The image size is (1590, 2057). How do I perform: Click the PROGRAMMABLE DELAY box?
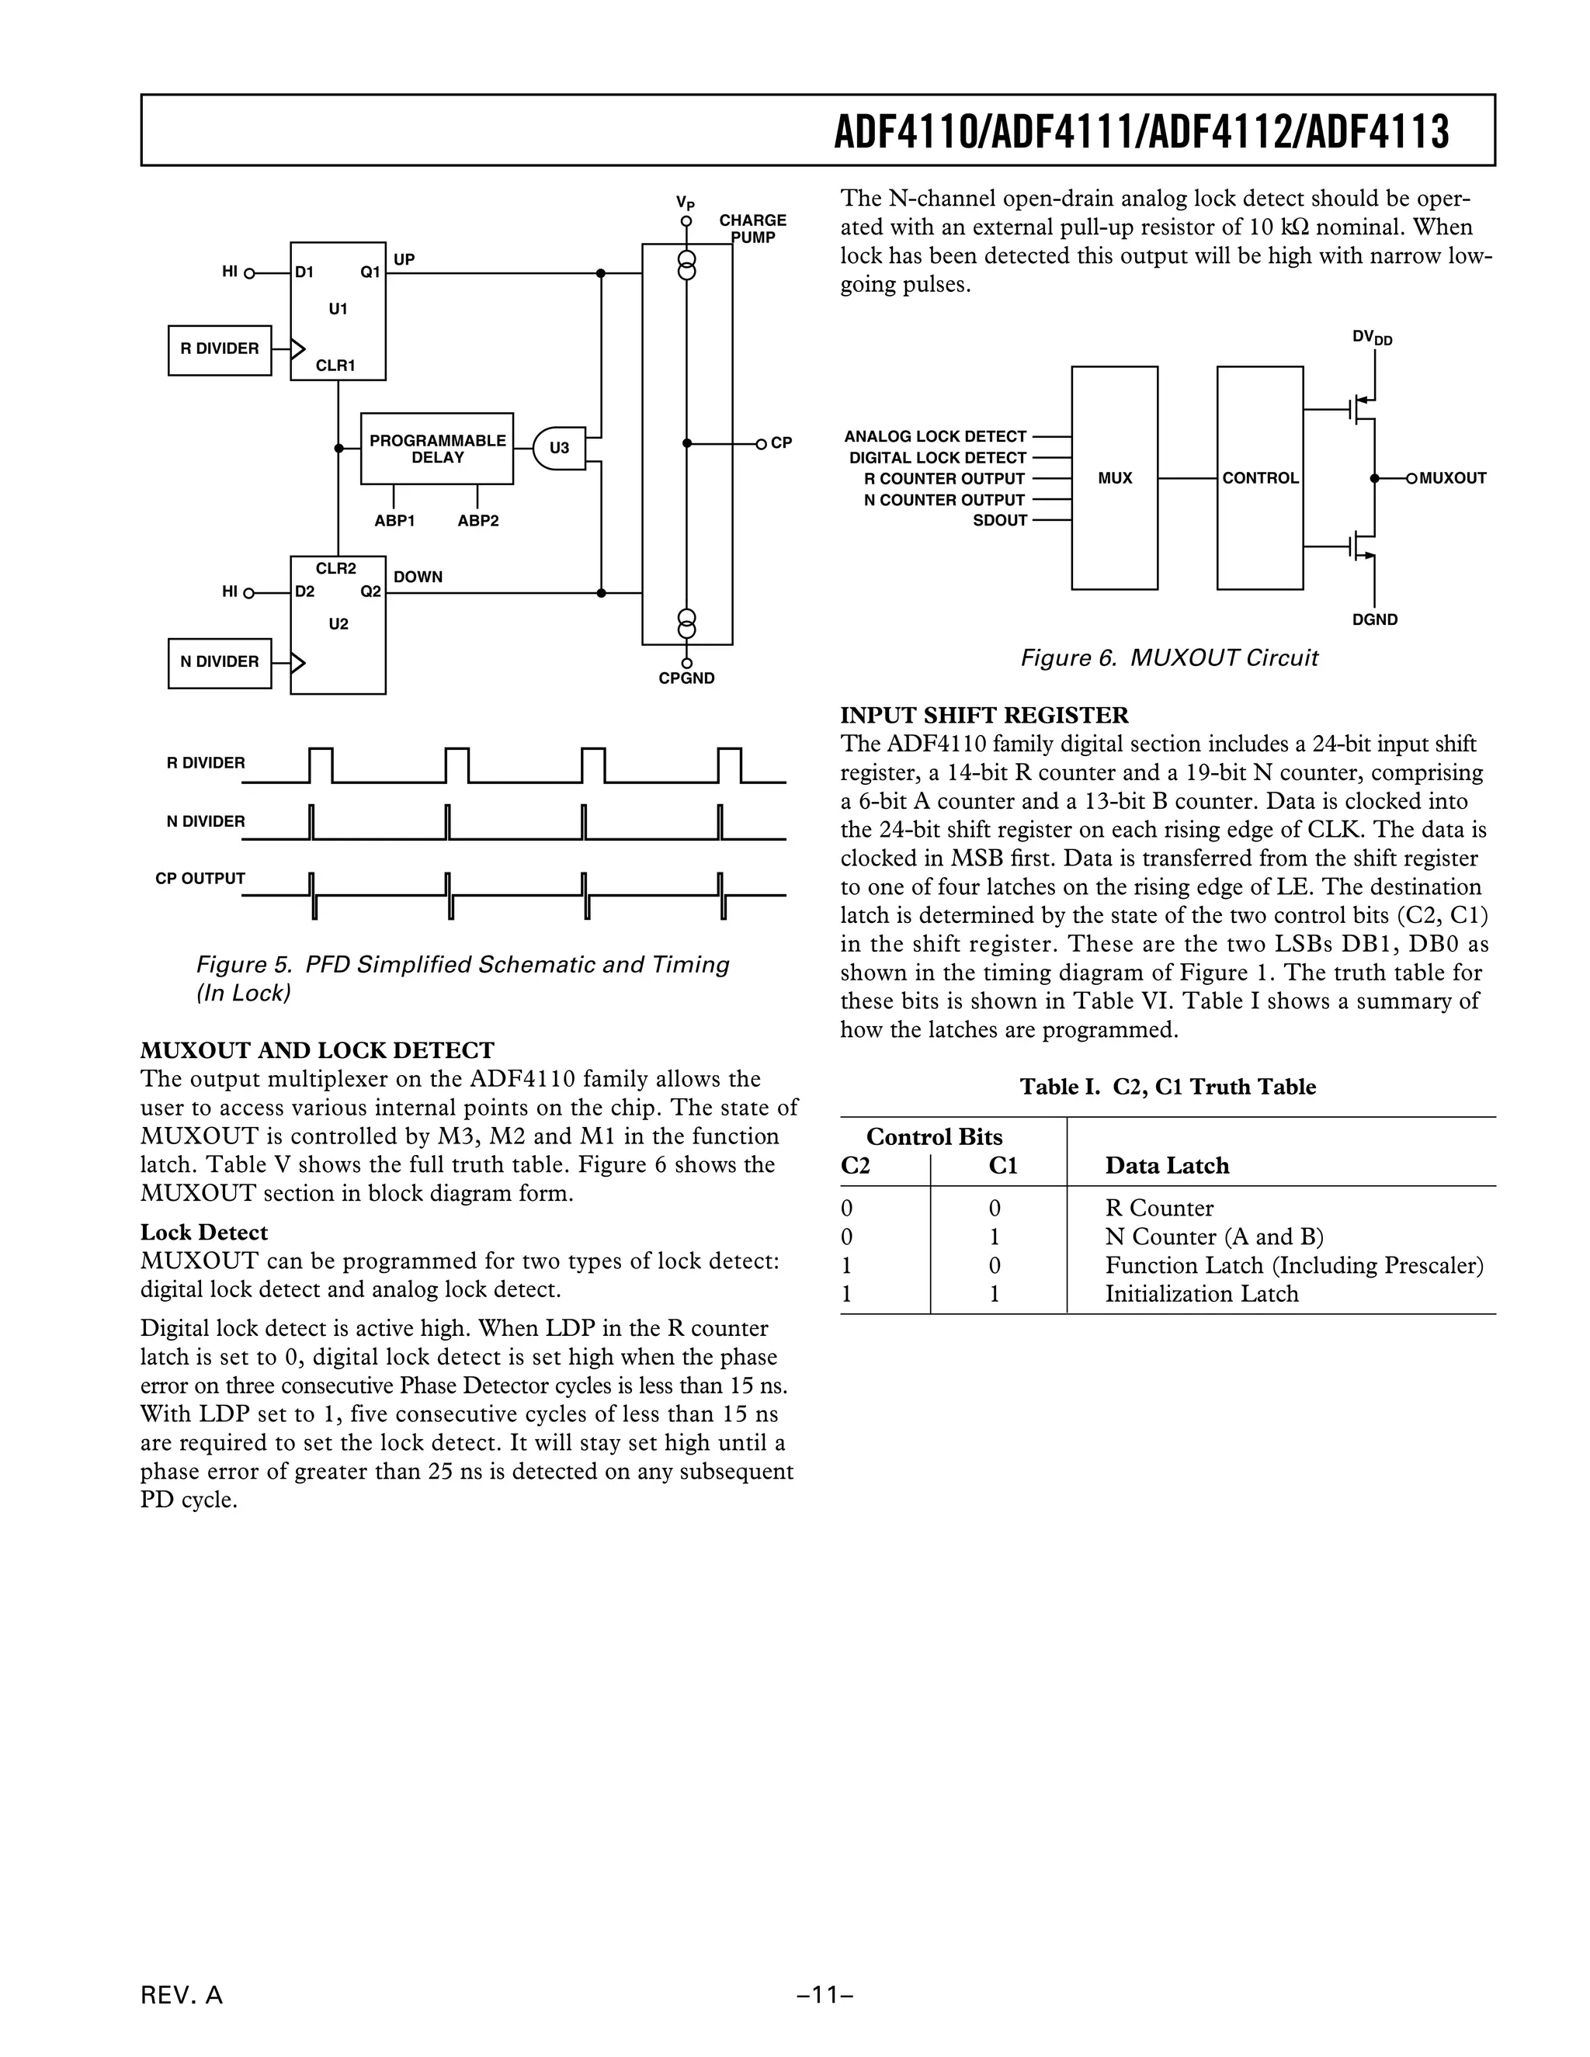(x=437, y=449)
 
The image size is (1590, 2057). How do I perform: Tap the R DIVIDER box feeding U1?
(x=220, y=349)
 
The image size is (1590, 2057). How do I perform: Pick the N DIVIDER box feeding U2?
(x=220, y=662)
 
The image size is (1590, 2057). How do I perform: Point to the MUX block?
(x=1114, y=477)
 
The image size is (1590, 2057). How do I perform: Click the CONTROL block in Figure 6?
(x=1259, y=477)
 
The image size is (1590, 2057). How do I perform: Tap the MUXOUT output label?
(x=1453, y=478)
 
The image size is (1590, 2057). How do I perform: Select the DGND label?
(x=1375, y=619)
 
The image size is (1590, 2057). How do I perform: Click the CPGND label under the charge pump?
(x=686, y=679)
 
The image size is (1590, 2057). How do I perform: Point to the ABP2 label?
(x=477, y=521)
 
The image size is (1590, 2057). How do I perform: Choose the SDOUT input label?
(x=999, y=521)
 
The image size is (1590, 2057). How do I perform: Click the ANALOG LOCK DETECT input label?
(x=935, y=436)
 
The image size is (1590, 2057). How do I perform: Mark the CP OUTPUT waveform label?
(x=200, y=879)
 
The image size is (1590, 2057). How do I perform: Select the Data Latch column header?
(x=1166, y=1166)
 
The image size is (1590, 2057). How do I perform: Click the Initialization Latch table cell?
(x=1201, y=1294)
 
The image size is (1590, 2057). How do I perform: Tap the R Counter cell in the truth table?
(x=1158, y=1209)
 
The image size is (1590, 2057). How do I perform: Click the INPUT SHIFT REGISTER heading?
(x=984, y=715)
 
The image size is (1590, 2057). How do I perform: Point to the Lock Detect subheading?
(x=203, y=1232)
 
